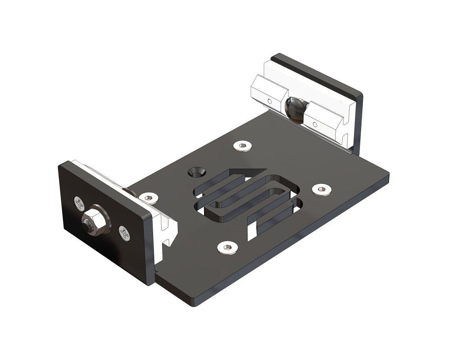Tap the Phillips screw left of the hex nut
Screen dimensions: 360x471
pyautogui.click(x=79, y=204)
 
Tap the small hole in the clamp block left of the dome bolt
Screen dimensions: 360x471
pyautogui.click(x=270, y=101)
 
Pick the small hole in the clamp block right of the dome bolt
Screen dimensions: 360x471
pyautogui.click(x=315, y=125)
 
